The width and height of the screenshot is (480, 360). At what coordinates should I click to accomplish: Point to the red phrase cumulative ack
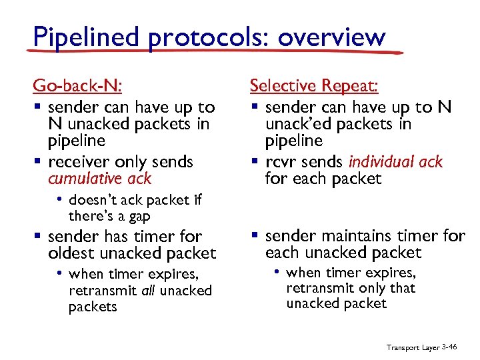pyautogui.click(x=99, y=179)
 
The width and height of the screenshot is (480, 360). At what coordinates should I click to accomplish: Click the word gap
pyautogui.click(x=137, y=216)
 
